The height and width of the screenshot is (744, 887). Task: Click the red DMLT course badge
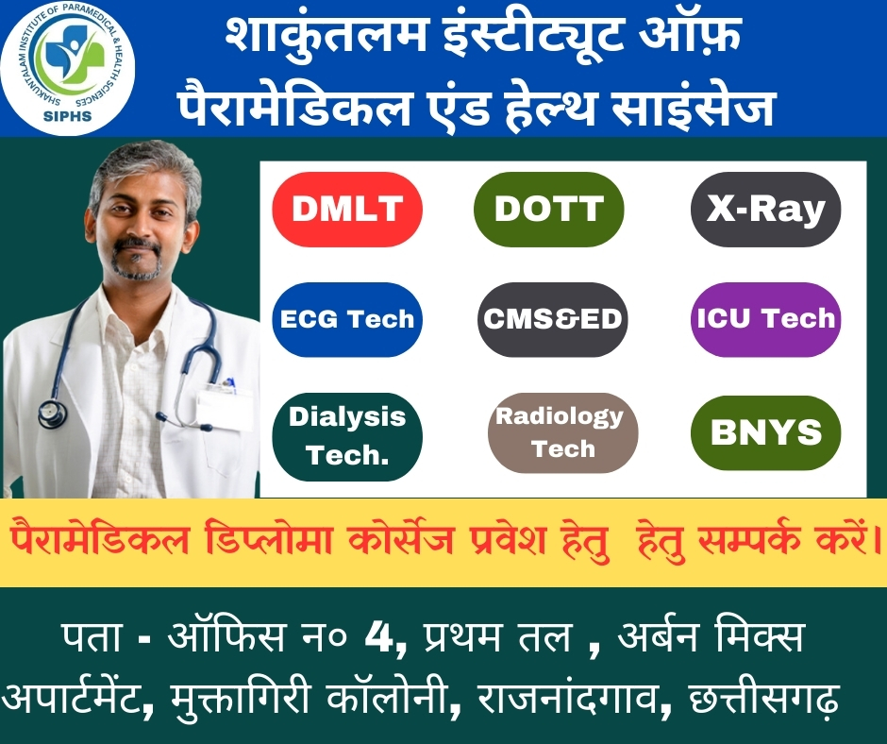(x=347, y=209)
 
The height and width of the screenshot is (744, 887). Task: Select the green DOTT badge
(x=549, y=209)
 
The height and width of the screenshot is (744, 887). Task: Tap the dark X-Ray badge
(x=766, y=209)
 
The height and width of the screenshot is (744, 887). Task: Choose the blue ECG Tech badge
(x=347, y=319)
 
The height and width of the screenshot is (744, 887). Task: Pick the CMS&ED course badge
(x=553, y=319)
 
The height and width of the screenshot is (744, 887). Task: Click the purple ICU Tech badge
(x=766, y=319)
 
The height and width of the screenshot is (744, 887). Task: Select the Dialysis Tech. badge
(x=347, y=436)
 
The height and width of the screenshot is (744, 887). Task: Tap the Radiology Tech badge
(x=562, y=432)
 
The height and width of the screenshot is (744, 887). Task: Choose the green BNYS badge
(x=766, y=432)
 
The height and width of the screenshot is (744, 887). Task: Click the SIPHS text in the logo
(x=67, y=116)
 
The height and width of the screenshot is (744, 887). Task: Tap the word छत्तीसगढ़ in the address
(x=763, y=699)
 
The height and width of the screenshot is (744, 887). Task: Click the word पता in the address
(x=92, y=637)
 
